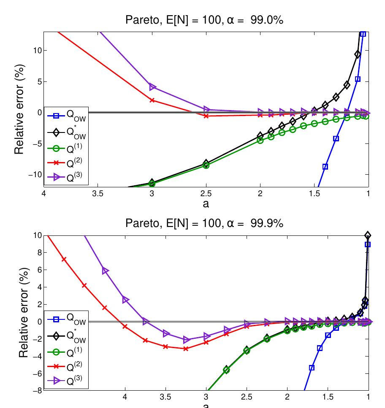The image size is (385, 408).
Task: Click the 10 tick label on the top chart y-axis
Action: [37, 50]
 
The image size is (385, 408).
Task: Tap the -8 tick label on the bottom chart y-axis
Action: [37, 390]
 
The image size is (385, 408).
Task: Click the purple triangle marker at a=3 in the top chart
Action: [152, 87]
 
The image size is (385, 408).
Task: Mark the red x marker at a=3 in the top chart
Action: [152, 100]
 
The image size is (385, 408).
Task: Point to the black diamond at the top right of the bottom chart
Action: [368, 235]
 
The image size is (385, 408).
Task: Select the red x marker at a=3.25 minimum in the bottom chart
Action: [186, 349]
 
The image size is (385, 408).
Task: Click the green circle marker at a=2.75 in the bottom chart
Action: [226, 370]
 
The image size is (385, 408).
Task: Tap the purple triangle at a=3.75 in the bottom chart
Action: [146, 322]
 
